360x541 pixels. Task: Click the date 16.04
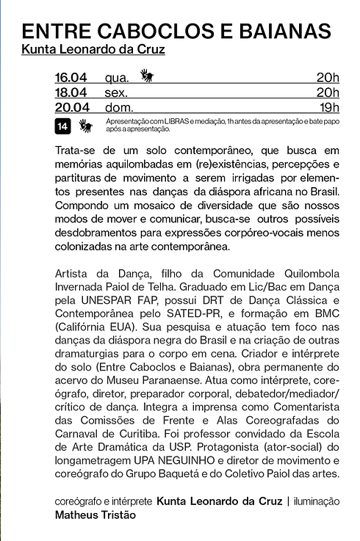72,77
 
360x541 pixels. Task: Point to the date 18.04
72,92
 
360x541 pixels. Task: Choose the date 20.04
72,108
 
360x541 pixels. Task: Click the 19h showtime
328,108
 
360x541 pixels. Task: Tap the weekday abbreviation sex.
117,93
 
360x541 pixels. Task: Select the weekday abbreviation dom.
119,108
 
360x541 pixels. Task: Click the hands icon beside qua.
147,75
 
